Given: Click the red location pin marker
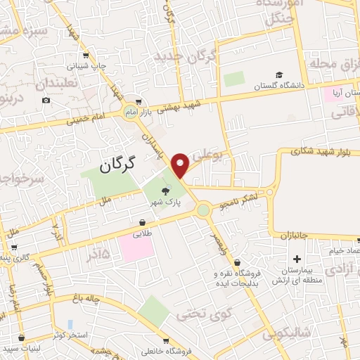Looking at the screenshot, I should pos(181,165).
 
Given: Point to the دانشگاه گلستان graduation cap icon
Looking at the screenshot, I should pos(279,75).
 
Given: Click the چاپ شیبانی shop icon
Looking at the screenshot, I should pos(85,56).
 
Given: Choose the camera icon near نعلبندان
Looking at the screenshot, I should pos(46,100).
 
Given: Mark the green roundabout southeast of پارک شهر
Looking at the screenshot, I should pos(203,209).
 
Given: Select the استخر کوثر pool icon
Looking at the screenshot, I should pos(70,324).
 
